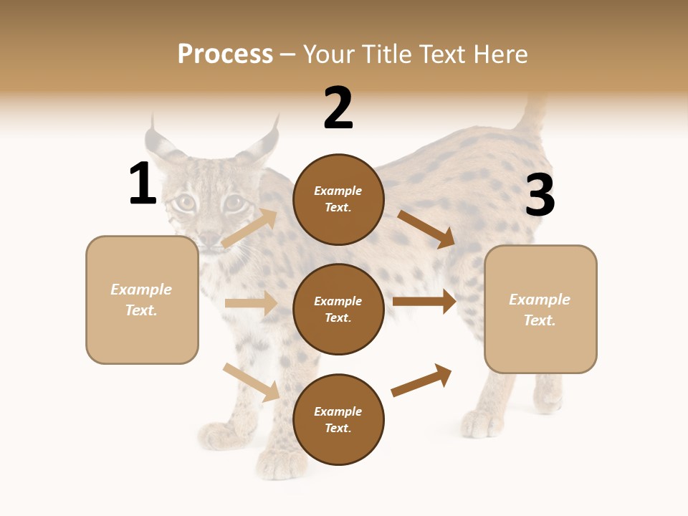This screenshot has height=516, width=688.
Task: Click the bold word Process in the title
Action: coord(225,54)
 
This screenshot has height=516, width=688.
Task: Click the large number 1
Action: coord(143,184)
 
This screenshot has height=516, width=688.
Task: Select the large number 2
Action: coord(338,108)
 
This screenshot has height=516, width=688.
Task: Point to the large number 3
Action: coord(540,196)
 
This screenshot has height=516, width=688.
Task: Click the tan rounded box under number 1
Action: coord(142,300)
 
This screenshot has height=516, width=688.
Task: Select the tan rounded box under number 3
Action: coord(540,310)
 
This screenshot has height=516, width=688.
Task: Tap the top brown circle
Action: coord(338,199)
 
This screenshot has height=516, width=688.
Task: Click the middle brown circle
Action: coord(338,309)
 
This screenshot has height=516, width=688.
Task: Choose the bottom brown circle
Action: coord(338,419)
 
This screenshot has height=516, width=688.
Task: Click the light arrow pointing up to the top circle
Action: coord(249,228)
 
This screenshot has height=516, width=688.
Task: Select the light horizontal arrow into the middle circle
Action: coord(251,303)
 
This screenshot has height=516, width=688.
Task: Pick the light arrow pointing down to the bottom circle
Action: coord(251,382)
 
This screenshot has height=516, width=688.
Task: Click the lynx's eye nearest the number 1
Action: coord(186,204)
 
